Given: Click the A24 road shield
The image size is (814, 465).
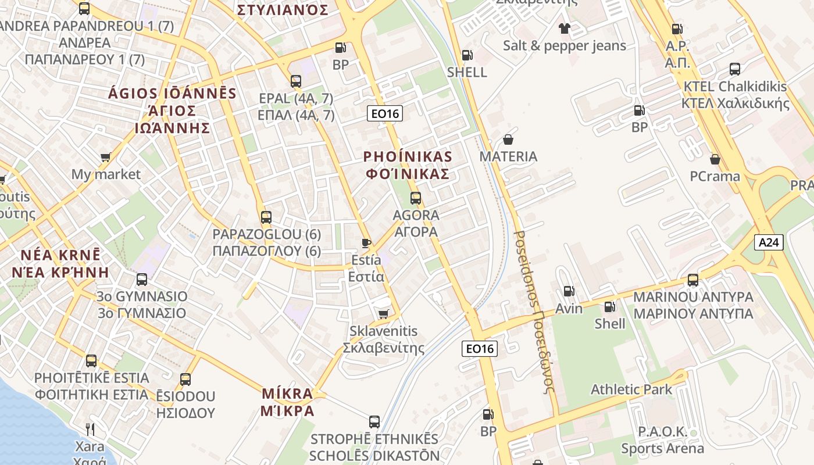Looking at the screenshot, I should coord(769,242).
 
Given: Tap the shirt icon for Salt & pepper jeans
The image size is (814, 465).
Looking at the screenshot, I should coord(564,28).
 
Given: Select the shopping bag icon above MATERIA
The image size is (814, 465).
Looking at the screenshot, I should coord(508,139).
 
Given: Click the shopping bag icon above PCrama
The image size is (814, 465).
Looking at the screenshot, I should coord(715,159).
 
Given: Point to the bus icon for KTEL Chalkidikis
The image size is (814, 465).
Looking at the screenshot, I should coord(735,69).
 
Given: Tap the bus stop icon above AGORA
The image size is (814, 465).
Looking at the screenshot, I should coord(416,198).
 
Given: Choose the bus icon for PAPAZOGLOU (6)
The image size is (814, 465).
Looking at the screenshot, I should coord(266,217).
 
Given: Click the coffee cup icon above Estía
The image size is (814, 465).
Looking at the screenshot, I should coord(366,243).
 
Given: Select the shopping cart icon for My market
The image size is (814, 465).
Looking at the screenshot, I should coord(106,157).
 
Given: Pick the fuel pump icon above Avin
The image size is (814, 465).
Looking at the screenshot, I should coord(569,291).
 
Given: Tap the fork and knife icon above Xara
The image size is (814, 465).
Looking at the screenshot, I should coord(90,430).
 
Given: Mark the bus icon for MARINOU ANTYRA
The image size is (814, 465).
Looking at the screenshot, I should coord(693,280).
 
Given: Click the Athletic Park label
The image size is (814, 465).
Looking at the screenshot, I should coord(631,389).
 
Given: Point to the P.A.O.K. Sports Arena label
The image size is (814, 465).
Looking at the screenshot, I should coord(662,440).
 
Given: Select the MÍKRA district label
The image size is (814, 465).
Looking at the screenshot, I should coord(287,402).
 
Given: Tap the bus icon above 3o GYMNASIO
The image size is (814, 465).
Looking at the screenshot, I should coord(142,280).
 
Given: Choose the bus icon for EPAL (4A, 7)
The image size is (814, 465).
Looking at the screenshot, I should coord(296,81).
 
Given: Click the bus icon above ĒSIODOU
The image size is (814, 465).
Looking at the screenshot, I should coord(185,380).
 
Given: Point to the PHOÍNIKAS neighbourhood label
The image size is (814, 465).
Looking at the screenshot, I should coord(407,165).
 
